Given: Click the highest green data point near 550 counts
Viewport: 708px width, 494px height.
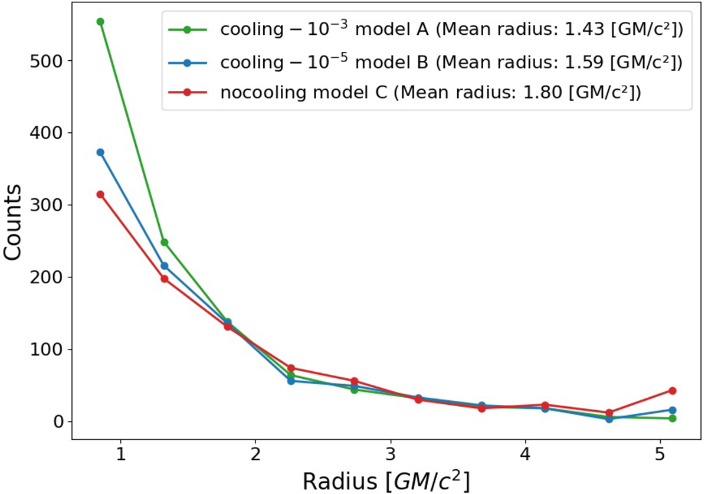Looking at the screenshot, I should [x=100, y=22].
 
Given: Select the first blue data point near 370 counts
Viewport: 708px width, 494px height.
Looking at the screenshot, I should [x=100, y=152].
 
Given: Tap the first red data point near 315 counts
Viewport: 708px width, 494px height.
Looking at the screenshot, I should [x=100, y=194].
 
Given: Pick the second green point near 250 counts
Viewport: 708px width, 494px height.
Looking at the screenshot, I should [x=165, y=242].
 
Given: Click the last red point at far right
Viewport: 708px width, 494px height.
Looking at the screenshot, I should [x=672, y=390].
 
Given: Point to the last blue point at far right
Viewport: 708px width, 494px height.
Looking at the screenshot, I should [x=672, y=410].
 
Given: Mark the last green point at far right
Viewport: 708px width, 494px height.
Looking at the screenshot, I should [x=672, y=418].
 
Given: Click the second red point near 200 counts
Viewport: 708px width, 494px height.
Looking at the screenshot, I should [x=165, y=279].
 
